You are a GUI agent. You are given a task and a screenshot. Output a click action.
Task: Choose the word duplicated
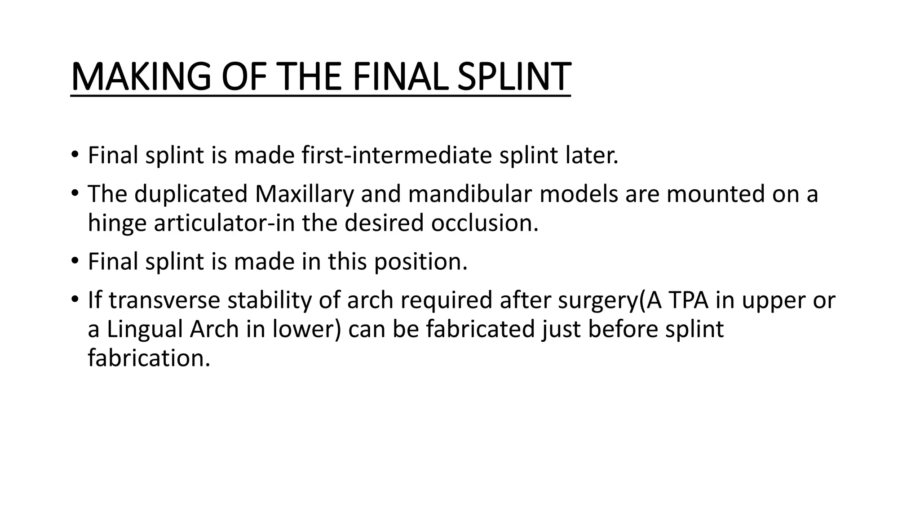click(191, 194)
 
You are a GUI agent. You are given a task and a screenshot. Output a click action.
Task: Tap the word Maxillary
click(304, 194)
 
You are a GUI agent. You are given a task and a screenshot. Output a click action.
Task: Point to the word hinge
click(117, 223)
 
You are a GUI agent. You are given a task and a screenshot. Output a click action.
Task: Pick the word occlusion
click(484, 223)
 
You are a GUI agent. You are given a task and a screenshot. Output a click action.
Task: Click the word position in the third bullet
click(420, 262)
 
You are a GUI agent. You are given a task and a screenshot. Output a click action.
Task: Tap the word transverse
click(164, 300)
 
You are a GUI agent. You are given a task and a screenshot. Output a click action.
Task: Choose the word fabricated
click(480, 329)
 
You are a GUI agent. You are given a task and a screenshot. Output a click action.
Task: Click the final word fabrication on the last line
click(149, 358)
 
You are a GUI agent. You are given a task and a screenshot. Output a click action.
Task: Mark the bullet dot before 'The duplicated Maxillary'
click(75, 194)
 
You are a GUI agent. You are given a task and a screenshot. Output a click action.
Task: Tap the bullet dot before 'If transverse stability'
click(75, 300)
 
